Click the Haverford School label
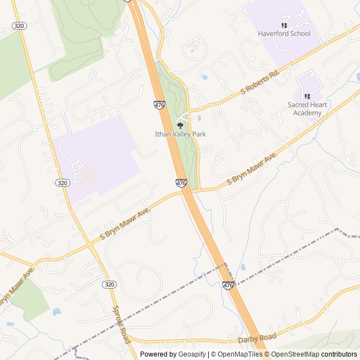284,34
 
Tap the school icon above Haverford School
284,25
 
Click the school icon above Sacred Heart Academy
307,96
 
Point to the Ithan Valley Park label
181,134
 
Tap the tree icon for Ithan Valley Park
181,125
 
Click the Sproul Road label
121,325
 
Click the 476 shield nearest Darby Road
228,286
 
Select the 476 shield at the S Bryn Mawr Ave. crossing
181,183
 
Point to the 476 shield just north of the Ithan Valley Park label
159,105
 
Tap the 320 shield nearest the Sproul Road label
109,285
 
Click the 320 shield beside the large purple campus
62,183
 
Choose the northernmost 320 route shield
18,26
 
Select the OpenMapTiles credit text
237,354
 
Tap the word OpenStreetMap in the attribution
295,354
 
